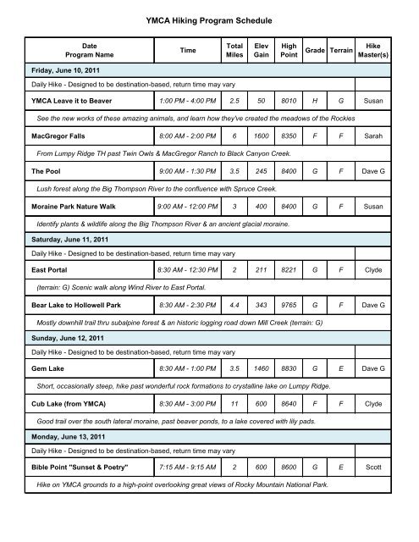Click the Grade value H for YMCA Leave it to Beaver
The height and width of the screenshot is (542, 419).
(316, 101)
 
